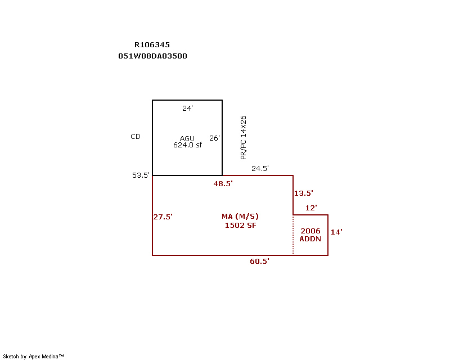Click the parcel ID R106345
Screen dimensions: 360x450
[152, 45]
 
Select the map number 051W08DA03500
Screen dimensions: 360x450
[152, 56]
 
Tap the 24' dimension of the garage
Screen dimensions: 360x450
[187, 108]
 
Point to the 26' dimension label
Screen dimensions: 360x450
[214, 138]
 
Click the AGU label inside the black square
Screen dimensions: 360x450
[187, 138]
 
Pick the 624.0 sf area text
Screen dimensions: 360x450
[187, 145]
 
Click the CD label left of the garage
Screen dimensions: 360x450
[136, 137]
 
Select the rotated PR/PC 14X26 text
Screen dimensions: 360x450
[243, 138]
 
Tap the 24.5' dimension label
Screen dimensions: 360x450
[260, 168]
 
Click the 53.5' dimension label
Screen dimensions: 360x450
[141, 175]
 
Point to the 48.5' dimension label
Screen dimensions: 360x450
[223, 183]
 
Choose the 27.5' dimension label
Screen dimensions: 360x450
[163, 217]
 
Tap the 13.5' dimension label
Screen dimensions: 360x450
[303, 193]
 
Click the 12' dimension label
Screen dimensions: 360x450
[311, 208]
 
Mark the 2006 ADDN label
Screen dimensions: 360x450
[310, 235]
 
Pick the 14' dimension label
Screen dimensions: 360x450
[336, 232]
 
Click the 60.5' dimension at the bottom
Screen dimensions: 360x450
[259, 262]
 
